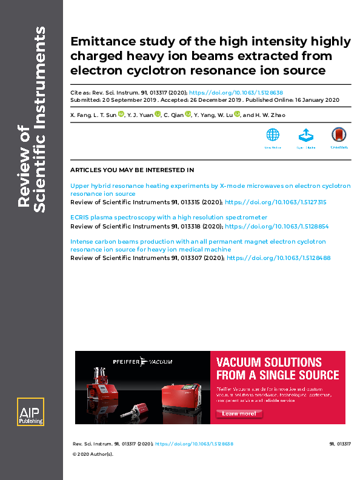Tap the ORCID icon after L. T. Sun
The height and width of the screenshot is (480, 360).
121,113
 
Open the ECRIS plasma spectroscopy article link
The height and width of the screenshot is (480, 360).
168,217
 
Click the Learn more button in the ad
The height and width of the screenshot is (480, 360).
239,413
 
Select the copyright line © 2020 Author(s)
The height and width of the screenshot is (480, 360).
93,453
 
